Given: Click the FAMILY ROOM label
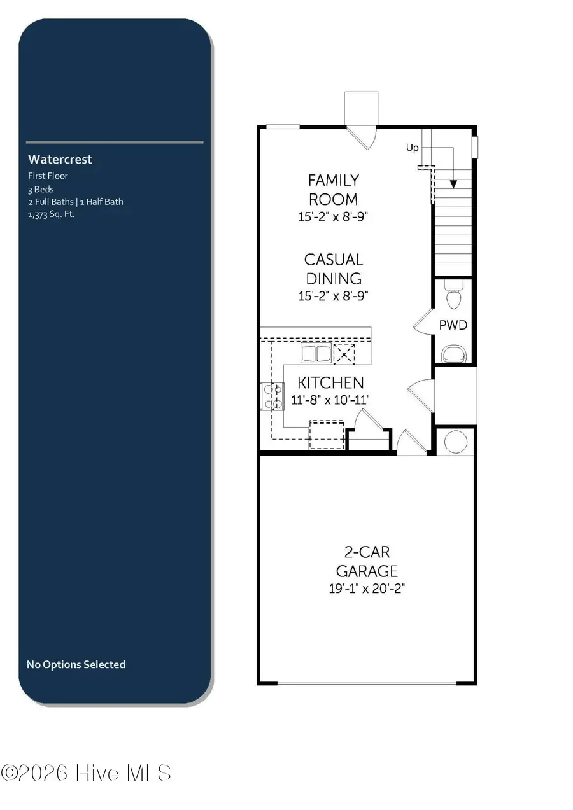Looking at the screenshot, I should (x=333, y=190).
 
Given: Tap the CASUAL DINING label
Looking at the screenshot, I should (x=333, y=269).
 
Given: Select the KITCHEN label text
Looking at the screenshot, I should (x=331, y=382).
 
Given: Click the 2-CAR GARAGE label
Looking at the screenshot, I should (x=367, y=561).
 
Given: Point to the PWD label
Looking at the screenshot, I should (x=453, y=325).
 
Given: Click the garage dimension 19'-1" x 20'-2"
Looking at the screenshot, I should (x=367, y=589).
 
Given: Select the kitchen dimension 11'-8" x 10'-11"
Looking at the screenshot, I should (x=331, y=400).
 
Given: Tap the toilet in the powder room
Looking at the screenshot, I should (x=454, y=297).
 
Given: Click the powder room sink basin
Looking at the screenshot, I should (x=453, y=353).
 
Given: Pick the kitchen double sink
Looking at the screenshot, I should (x=316, y=354).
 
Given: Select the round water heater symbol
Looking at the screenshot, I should (x=456, y=442).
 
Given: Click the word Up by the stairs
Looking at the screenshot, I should (x=413, y=148).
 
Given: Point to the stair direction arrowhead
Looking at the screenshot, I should (x=453, y=184).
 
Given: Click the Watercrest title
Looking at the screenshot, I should (x=60, y=159).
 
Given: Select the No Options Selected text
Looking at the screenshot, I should (x=76, y=664).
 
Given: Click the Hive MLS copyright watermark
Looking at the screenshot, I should (x=87, y=773).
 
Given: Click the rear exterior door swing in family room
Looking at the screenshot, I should (x=362, y=136).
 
